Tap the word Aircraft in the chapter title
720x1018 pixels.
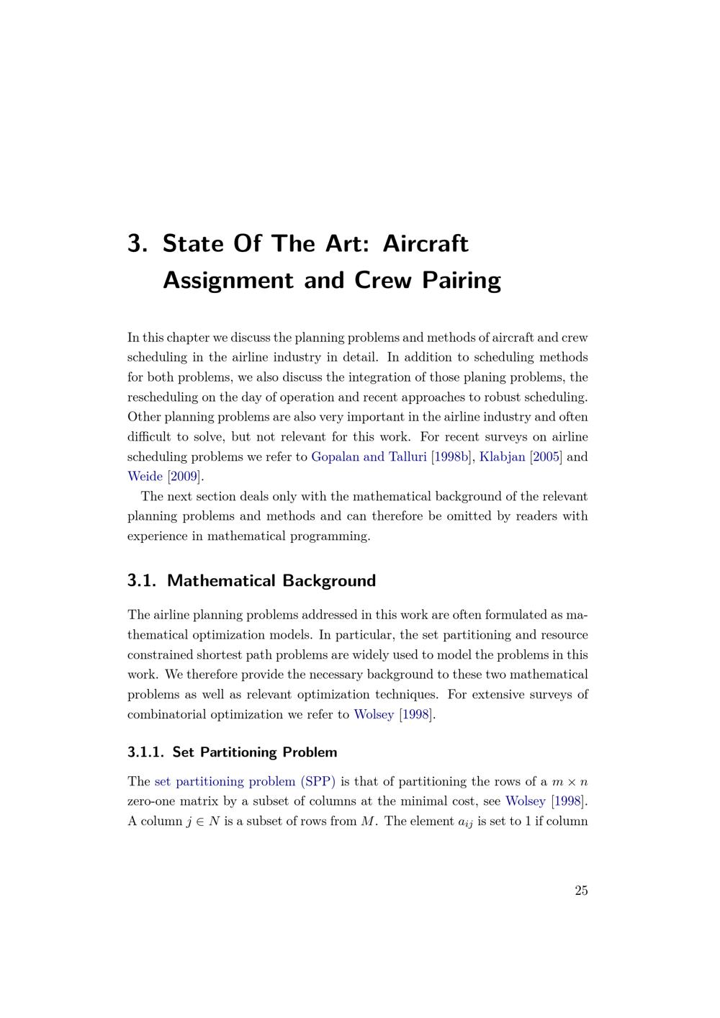(x=425, y=243)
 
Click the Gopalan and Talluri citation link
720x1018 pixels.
(x=369, y=456)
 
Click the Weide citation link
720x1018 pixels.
(x=145, y=476)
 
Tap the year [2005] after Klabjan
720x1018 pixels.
(x=546, y=456)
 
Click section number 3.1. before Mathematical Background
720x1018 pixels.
(x=141, y=580)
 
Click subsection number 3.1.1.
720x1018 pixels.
(x=145, y=752)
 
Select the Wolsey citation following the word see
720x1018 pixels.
(x=526, y=801)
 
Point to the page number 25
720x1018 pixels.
(x=581, y=891)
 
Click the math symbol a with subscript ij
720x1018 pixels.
(x=465, y=822)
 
